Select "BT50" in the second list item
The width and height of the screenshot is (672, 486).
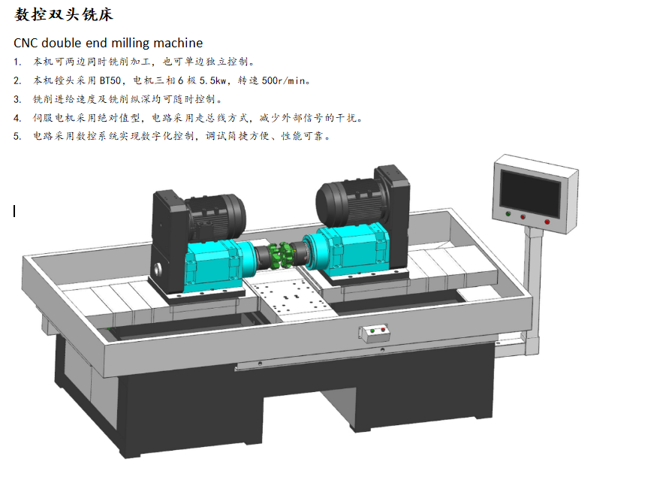point(110,80)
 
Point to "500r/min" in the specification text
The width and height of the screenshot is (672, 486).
point(283,80)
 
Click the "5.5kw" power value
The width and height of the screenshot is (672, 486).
point(212,80)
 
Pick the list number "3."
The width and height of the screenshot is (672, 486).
point(17,99)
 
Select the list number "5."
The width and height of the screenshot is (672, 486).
point(17,136)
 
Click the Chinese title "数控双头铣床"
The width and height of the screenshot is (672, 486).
point(63,14)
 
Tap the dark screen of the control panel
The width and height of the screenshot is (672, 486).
point(531,194)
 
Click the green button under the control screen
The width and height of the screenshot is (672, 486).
point(508,213)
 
